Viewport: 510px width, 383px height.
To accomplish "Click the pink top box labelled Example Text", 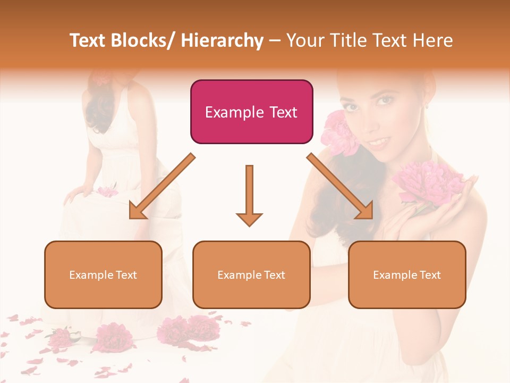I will [x=251, y=112].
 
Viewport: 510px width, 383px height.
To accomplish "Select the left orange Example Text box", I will [x=103, y=274].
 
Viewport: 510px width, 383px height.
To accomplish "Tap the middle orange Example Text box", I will [x=251, y=274].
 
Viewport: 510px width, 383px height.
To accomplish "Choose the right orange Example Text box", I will [x=407, y=274].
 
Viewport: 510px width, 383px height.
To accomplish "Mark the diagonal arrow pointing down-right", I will [x=341, y=187].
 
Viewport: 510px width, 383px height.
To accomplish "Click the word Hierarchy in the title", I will [x=222, y=41].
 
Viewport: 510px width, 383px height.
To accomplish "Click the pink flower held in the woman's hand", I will [x=425, y=184].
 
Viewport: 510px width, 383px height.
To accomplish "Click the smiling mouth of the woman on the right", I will [x=379, y=142].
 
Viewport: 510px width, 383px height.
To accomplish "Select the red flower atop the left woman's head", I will [x=100, y=78].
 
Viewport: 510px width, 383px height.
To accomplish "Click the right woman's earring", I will [x=427, y=106].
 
